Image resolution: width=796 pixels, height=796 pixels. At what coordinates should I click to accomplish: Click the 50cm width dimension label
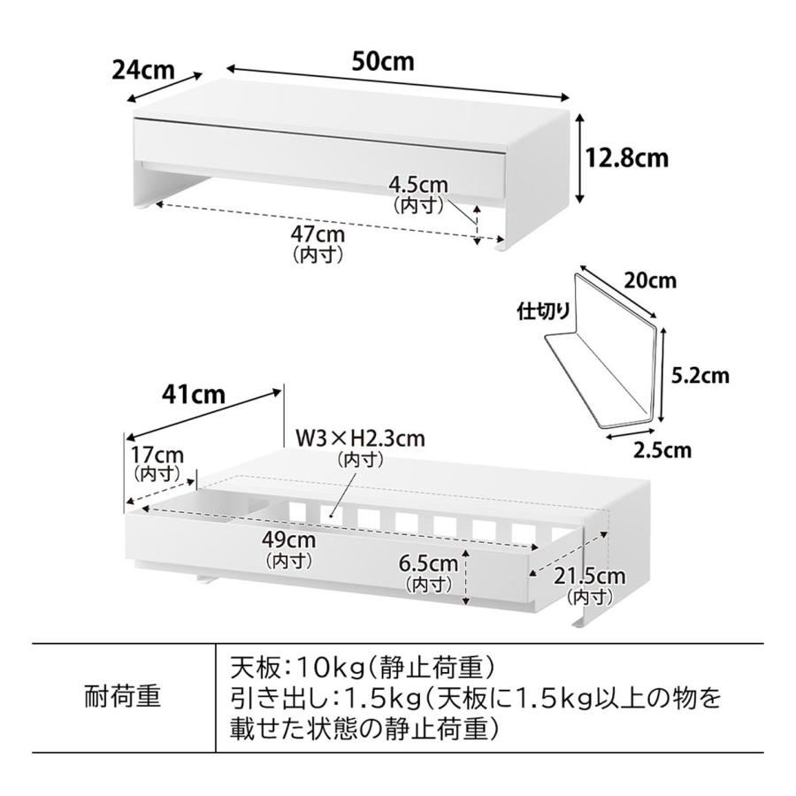(383, 61)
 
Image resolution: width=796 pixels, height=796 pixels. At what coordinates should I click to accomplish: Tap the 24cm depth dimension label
(143, 70)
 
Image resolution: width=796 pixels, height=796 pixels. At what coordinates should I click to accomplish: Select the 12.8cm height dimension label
(627, 157)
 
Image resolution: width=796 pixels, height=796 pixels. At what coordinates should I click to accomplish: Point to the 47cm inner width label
(318, 234)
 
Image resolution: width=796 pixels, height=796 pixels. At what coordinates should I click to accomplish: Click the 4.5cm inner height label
(418, 185)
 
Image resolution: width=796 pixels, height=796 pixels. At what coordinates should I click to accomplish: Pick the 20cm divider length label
(650, 280)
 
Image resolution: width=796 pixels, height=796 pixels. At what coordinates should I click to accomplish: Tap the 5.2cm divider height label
(700, 376)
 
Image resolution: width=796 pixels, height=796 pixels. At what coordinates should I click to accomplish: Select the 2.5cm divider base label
(662, 450)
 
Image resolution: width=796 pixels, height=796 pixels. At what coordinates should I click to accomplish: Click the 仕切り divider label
(544, 310)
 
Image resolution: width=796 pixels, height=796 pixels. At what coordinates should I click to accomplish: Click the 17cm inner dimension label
(157, 455)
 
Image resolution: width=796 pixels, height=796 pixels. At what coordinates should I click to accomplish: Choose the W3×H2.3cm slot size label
(361, 438)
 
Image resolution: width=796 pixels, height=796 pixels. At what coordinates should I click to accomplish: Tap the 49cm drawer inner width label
(289, 540)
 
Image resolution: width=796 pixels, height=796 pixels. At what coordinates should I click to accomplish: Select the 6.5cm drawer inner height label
(428, 563)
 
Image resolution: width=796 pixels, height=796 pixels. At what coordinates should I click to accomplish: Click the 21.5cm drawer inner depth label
(589, 576)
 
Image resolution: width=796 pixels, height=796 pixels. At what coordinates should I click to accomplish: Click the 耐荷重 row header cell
(123, 697)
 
